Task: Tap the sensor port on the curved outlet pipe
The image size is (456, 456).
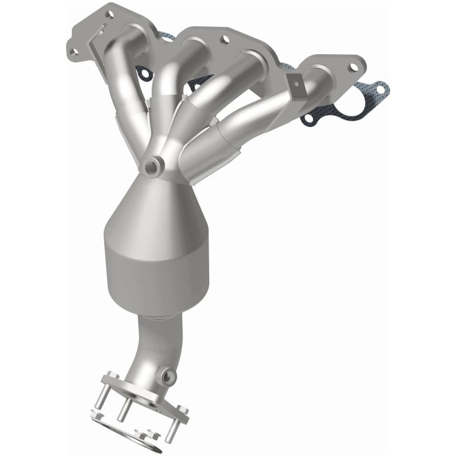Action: pos(168,376)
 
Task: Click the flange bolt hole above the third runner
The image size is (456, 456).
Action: pos(223,39)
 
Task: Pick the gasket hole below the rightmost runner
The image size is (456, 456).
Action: pos(310,119)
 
